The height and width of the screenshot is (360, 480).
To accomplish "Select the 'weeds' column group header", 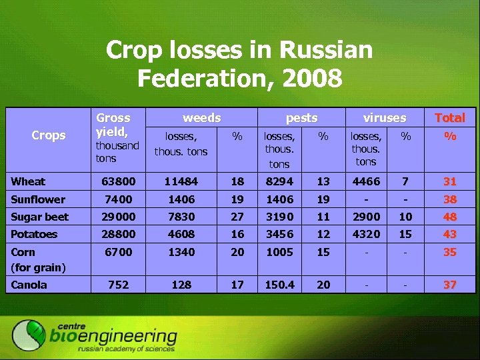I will [x=201, y=117].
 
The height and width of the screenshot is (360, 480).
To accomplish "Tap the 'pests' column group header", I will [x=301, y=117].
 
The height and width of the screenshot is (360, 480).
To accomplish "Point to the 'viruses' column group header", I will [x=385, y=117].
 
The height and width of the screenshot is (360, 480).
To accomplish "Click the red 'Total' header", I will [x=450, y=118].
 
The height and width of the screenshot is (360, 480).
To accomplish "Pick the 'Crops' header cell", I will [x=49, y=135].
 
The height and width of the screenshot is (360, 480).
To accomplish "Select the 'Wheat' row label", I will [x=28, y=181].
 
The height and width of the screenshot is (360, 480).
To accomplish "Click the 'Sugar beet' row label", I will [x=39, y=217].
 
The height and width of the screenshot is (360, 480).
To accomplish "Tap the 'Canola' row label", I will [x=29, y=285].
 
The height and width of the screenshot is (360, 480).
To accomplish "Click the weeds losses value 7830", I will [x=181, y=217].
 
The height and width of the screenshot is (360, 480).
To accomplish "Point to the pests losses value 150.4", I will [x=279, y=285].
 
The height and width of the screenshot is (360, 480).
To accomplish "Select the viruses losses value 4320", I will [x=366, y=234].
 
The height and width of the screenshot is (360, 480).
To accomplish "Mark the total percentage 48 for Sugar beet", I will [x=450, y=217].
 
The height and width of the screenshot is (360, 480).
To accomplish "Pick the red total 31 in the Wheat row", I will [x=450, y=181].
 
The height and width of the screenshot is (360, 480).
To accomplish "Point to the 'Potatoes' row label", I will [x=34, y=234].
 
